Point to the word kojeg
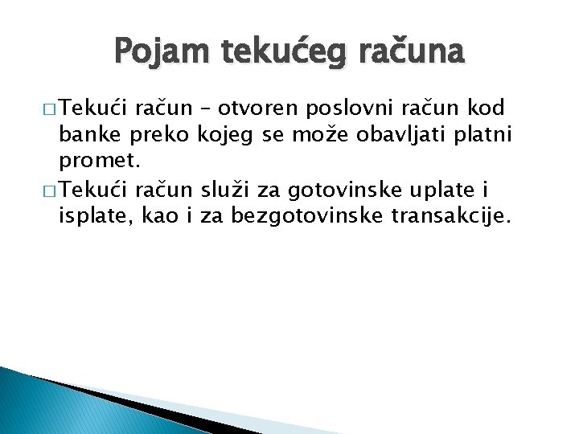230,134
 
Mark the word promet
100,161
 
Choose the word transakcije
452,215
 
